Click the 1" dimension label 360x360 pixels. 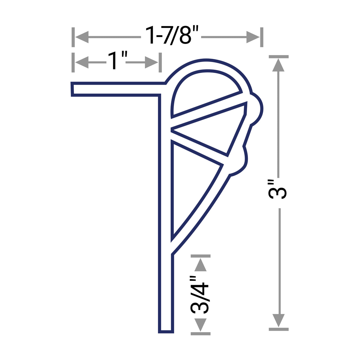[116, 61]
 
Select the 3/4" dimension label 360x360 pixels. [200, 295]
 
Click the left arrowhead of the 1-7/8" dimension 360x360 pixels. [82, 37]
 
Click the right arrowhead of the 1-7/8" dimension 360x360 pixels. [253, 37]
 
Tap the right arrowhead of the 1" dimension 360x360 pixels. [151, 62]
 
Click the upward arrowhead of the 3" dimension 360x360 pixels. [278, 65]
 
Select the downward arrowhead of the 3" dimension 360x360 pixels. [278, 320]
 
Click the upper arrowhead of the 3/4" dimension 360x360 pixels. [200, 265]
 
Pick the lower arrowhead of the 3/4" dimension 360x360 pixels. [200, 324]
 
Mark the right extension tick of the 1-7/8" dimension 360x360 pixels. [262, 37]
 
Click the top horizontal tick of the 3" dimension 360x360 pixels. [278, 56]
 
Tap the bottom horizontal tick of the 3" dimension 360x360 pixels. [278, 329]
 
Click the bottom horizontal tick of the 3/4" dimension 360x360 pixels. [200, 334]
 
